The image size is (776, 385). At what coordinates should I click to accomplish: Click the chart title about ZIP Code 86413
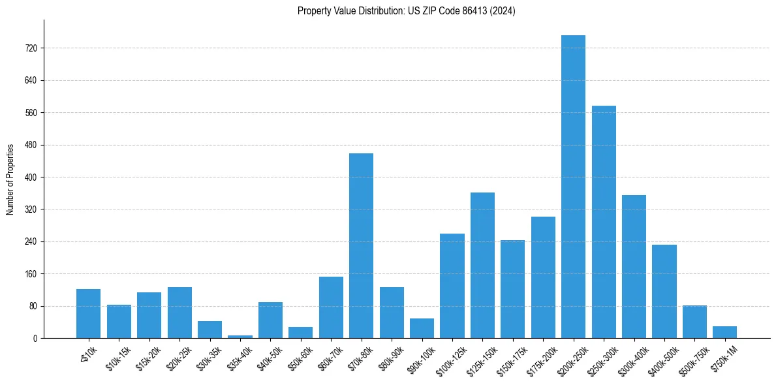pyautogui.click(x=406, y=11)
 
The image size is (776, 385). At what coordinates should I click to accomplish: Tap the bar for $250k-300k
pyautogui.click(x=604, y=222)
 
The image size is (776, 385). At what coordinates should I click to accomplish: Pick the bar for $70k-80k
pyautogui.click(x=361, y=246)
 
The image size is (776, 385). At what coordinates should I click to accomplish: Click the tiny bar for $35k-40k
pyautogui.click(x=240, y=336)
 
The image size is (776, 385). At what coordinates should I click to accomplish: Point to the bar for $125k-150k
pyautogui.click(x=482, y=266)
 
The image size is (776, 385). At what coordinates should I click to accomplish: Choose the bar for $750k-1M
pyautogui.click(x=724, y=332)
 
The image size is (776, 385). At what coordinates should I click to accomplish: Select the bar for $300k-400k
pyautogui.click(x=634, y=267)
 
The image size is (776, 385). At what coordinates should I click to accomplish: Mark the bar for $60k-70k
pyautogui.click(x=331, y=307)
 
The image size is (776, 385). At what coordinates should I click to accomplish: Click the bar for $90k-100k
pyautogui.click(x=422, y=328)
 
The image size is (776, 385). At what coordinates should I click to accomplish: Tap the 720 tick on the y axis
pyautogui.click(x=31, y=48)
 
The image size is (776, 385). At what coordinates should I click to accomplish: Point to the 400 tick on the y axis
pyautogui.click(x=31, y=177)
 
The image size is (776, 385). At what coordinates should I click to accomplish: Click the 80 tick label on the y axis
pyautogui.click(x=33, y=306)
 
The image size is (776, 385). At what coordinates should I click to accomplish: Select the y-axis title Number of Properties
pyautogui.click(x=10, y=179)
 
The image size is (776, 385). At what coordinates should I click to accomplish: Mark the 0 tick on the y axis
pyautogui.click(x=36, y=339)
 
